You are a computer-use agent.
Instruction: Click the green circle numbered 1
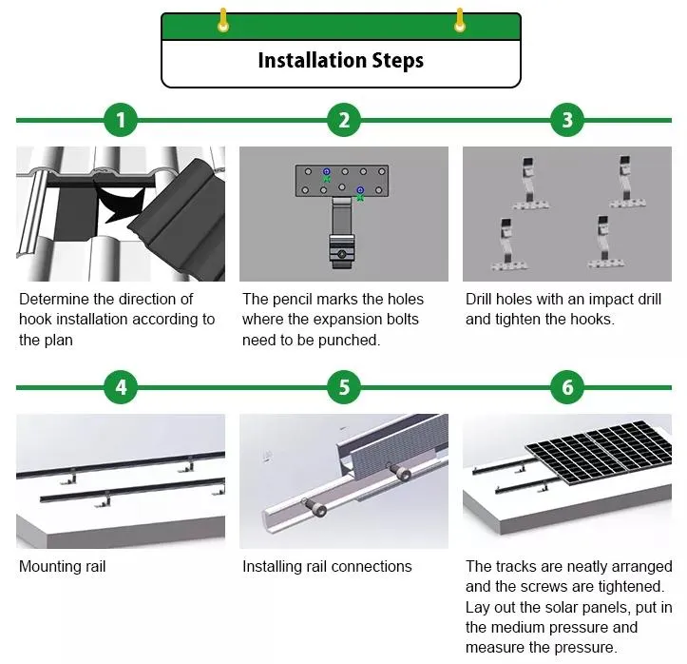click(120, 120)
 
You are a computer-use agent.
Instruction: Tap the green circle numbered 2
click(344, 120)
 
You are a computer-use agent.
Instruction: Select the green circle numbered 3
click(567, 120)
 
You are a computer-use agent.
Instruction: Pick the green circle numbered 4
click(120, 387)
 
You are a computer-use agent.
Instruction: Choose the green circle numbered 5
click(344, 387)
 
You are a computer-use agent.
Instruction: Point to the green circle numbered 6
click(567, 387)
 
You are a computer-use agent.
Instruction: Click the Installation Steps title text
click(340, 61)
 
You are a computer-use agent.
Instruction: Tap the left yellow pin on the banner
click(223, 20)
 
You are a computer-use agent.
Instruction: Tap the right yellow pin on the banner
click(460, 20)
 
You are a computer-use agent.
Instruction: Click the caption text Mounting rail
click(63, 566)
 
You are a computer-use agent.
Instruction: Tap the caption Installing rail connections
click(327, 566)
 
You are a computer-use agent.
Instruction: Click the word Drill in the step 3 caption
click(481, 299)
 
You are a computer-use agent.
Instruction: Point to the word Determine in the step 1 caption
click(57, 299)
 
